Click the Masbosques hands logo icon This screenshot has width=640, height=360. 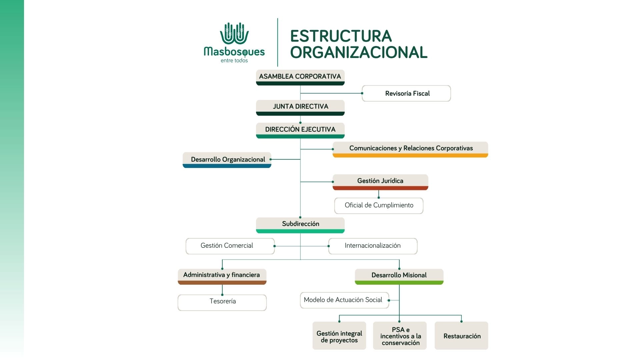tap(234, 33)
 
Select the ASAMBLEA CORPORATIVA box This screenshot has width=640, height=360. tap(300, 77)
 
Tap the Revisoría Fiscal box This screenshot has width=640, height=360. tap(406, 93)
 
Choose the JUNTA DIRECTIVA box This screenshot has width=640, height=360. tap(300, 108)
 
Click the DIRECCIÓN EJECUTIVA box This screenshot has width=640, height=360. tap(300, 130)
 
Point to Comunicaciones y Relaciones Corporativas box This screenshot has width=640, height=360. tap(410, 149)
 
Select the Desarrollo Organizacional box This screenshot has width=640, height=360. tap(227, 160)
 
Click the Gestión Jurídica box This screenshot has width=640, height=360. tap(380, 182)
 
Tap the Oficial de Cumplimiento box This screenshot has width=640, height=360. tap(379, 206)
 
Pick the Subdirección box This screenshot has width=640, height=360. tap(300, 225)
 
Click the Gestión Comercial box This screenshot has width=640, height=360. tap(230, 246)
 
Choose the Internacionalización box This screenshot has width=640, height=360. tap(373, 246)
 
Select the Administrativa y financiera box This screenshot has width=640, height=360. tap(222, 277)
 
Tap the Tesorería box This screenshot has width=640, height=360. tap(222, 303)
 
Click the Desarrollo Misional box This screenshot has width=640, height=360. tap(399, 277)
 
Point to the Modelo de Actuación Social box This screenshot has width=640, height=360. tap(344, 300)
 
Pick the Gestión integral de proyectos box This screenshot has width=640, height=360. tap(339, 336)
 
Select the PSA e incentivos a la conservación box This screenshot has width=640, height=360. tap(400, 336)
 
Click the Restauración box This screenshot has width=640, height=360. tap(461, 336)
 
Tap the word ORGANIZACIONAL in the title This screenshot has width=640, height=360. tap(359, 52)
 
